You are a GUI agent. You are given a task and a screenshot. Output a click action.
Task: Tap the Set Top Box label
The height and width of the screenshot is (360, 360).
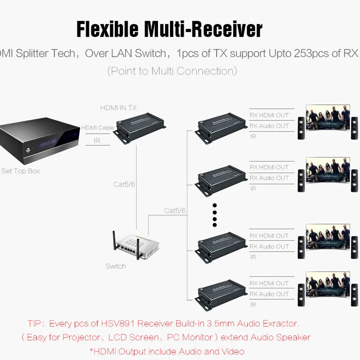(x=21, y=171)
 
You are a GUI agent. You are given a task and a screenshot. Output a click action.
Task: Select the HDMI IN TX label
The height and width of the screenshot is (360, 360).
(x=118, y=108)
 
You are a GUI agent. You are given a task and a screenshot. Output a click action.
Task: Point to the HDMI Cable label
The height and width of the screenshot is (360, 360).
(x=98, y=128)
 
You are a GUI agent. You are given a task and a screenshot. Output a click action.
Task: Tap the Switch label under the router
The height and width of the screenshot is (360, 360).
(x=116, y=266)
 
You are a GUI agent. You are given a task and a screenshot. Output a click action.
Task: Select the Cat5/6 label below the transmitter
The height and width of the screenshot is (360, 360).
(x=124, y=184)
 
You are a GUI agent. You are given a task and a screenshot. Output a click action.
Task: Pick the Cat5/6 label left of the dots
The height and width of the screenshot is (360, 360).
(x=175, y=210)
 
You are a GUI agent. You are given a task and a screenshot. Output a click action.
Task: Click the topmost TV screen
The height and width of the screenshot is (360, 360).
(x=328, y=118)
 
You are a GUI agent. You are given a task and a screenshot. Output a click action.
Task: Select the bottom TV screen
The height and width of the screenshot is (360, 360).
(x=328, y=285)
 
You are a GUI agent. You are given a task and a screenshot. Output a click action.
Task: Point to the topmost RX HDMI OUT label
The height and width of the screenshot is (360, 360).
(x=269, y=115)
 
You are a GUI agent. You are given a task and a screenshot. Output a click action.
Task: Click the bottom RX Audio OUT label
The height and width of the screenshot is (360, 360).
(x=269, y=294)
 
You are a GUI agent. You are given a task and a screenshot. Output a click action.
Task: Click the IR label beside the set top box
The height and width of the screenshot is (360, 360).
(x=97, y=141)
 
